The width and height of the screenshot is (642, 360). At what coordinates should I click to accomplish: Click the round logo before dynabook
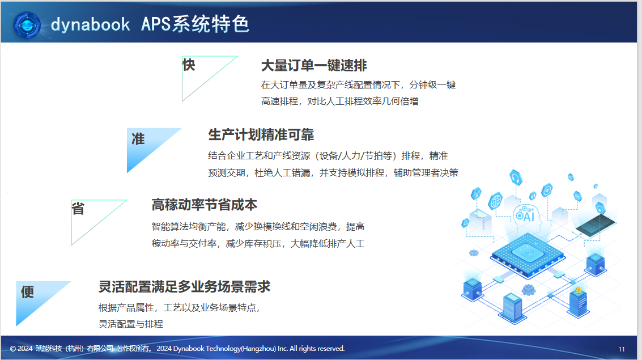(x=27, y=26)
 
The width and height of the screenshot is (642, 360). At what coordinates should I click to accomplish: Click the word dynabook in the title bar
(x=90, y=25)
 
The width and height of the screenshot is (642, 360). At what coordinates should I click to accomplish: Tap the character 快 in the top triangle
(x=189, y=65)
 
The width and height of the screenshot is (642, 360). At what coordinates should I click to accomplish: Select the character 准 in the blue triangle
(x=138, y=139)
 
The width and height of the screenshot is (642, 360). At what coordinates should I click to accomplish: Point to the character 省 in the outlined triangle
(x=78, y=209)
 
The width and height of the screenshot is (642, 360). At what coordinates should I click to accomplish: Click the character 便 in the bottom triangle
(x=27, y=292)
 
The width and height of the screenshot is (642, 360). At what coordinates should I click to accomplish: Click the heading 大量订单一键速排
(x=314, y=66)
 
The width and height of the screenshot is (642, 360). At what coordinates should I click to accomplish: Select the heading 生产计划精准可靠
(x=261, y=135)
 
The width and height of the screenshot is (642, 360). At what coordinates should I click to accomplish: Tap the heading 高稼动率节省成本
(x=205, y=205)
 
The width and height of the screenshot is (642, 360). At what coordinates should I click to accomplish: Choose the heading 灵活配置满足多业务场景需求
(x=184, y=287)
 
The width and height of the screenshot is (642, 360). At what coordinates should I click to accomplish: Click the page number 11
(x=622, y=349)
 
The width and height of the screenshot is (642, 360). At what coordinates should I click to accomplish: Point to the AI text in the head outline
(x=529, y=216)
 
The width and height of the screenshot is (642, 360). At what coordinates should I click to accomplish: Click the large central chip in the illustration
(x=528, y=255)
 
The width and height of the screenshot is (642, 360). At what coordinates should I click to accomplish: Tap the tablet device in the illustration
(x=596, y=226)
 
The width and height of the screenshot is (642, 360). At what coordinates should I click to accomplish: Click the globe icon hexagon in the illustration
(x=495, y=201)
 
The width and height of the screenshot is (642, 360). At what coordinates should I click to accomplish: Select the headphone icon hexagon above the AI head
(x=516, y=178)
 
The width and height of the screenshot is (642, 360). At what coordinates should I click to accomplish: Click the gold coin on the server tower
(x=579, y=290)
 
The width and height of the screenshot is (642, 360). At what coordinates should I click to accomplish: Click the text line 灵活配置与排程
(x=131, y=324)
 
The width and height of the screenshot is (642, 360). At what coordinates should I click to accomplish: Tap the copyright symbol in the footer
(x=12, y=349)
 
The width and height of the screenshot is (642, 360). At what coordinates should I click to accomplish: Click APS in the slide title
(x=156, y=24)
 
